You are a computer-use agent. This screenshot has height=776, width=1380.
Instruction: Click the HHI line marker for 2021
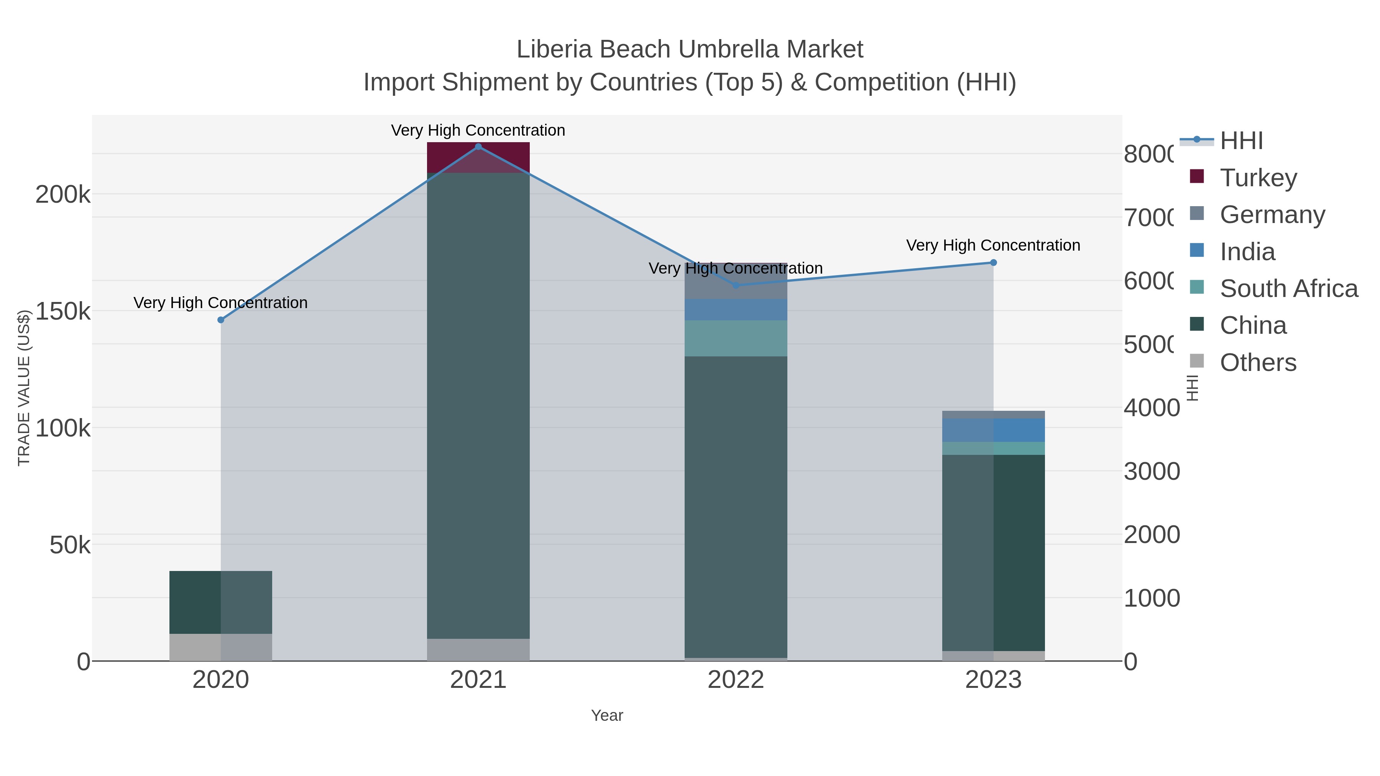point(478,147)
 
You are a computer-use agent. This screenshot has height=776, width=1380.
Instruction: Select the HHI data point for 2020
point(221,320)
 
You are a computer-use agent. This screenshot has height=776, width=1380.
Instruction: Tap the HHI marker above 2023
point(993,262)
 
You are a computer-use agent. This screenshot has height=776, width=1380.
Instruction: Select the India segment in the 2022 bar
point(736,310)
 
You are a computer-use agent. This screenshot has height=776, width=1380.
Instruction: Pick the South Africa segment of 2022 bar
point(736,338)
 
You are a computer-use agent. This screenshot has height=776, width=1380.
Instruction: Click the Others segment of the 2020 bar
point(221,647)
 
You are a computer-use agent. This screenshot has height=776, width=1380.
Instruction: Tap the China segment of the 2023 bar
point(993,551)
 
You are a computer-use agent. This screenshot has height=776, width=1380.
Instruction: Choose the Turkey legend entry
point(1258,177)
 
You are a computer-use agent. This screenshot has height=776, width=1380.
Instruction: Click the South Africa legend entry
point(1288,289)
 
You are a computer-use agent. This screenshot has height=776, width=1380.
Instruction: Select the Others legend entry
point(1258,363)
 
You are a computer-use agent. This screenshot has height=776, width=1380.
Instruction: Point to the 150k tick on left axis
point(63,311)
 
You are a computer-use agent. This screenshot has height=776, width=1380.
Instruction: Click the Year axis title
point(607,715)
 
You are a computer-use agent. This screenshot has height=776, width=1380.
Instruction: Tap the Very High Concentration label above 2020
point(221,303)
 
